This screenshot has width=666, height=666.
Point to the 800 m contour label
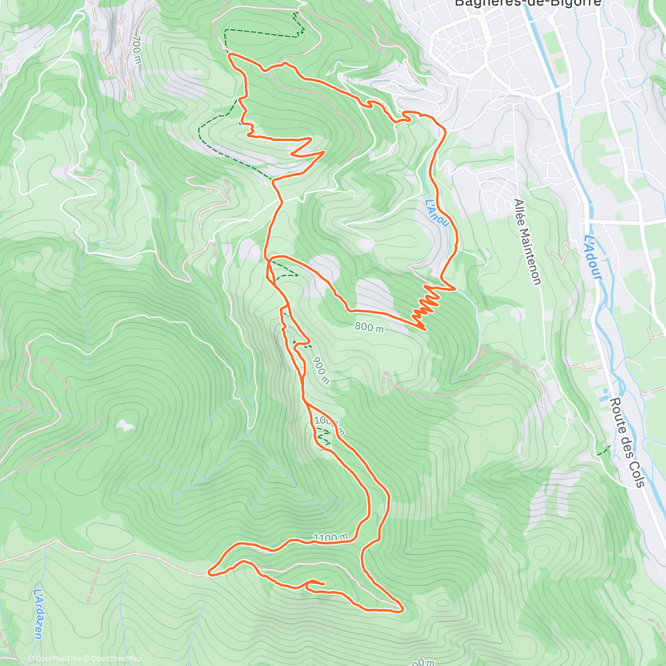tap(369, 327)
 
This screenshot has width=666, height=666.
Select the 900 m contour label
tap(321, 371)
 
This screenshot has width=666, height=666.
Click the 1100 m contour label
tap(330, 537)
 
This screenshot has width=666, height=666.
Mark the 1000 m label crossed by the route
tap(329, 425)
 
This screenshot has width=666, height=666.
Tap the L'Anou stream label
tap(437, 213)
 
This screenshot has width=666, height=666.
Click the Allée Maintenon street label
tap(527, 241)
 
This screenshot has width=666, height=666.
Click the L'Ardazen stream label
tap(38, 613)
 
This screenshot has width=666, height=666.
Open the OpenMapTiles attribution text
tap(54, 659)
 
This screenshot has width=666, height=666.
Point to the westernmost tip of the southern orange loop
tap(209, 572)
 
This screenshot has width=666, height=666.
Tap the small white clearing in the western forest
tap(126, 426)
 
